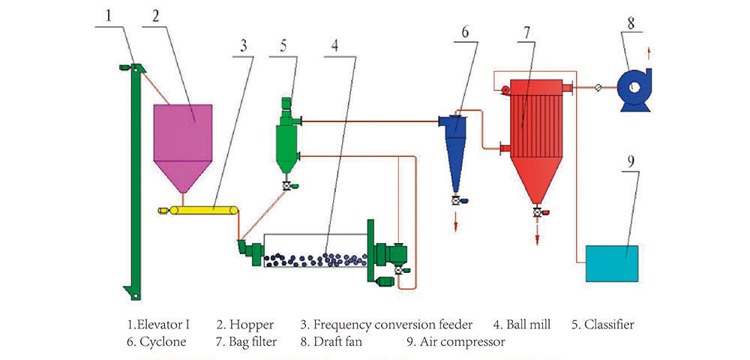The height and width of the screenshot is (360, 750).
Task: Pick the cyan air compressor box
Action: click(612, 263)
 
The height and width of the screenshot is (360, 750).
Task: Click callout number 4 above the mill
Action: click(334, 44)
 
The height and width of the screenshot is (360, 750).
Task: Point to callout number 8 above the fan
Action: click(630, 23)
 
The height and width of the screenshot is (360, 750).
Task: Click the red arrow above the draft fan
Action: click(649, 53)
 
